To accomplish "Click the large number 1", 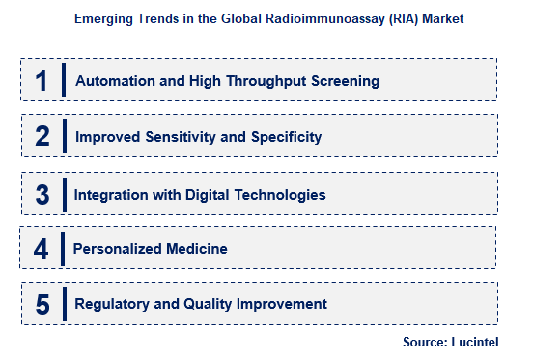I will coord(41,80).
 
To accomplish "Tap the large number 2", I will coord(42,137).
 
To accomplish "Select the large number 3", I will coord(42,194).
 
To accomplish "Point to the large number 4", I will coord(41,249).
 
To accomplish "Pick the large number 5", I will coord(42,305).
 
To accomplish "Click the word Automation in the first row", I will coord(114,81).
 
